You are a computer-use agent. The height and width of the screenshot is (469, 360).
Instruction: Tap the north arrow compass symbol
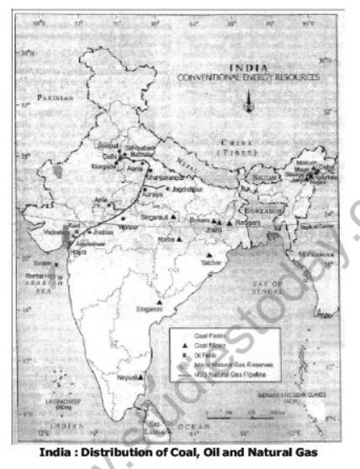246,105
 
